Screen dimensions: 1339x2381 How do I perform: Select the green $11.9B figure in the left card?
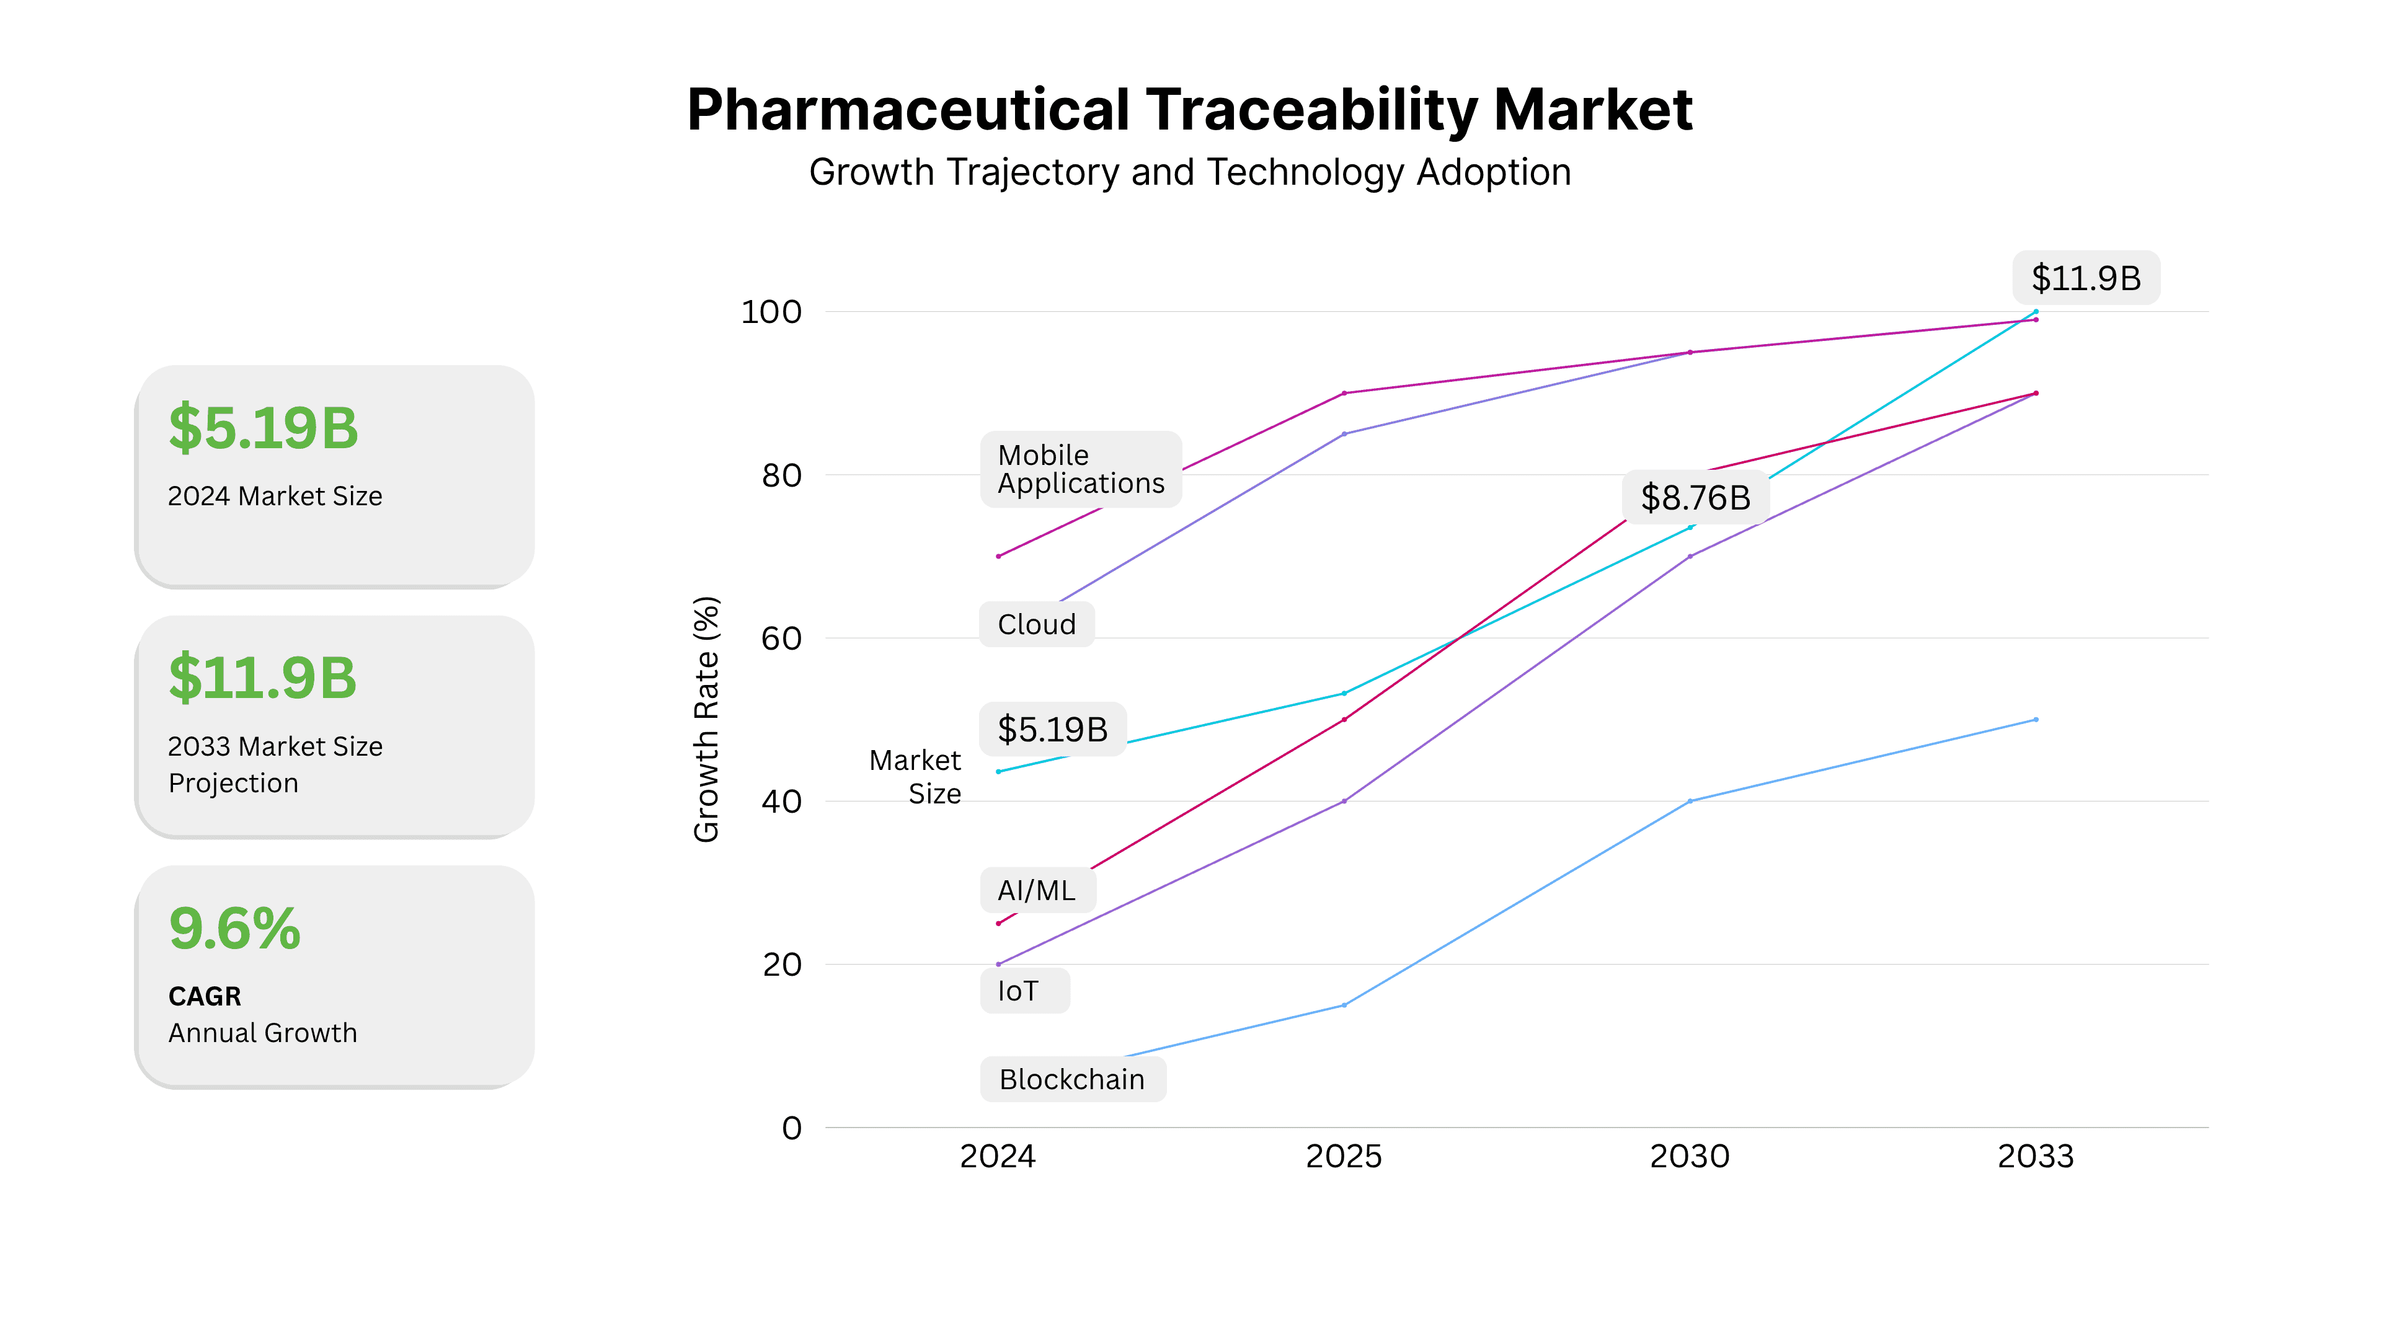click(262, 678)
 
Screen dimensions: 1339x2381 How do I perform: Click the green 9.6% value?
click(235, 928)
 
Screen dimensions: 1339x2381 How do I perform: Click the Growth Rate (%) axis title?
click(706, 719)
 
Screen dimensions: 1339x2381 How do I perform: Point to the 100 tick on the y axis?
click(771, 312)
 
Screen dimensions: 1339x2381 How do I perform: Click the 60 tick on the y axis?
click(781, 639)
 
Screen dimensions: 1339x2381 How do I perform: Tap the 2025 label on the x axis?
click(1343, 1156)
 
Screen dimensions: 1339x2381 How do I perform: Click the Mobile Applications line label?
click(1081, 469)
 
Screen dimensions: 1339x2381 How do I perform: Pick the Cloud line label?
click(1036, 625)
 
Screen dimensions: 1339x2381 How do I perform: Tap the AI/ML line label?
click(1036, 891)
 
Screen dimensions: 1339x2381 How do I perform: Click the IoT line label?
click(1018, 992)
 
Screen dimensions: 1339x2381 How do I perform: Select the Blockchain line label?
click(1071, 1079)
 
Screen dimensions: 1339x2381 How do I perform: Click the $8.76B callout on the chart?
click(1695, 498)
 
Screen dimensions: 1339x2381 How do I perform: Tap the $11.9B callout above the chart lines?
click(2086, 278)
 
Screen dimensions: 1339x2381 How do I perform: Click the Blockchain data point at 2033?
click(2036, 720)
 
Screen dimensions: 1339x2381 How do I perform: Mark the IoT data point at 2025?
click(1344, 801)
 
